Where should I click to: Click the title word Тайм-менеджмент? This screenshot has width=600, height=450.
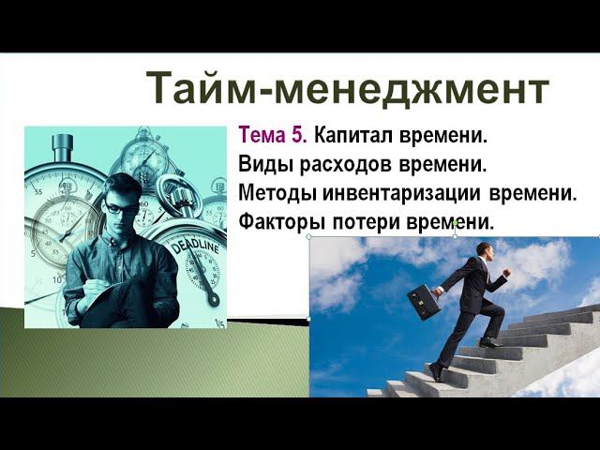(347, 89)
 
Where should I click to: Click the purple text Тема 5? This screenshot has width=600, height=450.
(273, 136)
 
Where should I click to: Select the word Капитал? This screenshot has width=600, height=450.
(349, 136)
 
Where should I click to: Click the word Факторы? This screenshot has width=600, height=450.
(279, 223)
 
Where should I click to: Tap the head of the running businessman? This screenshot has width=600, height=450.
(483, 250)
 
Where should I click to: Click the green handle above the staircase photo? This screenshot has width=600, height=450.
(455, 223)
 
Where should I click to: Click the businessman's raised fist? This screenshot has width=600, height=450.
(507, 273)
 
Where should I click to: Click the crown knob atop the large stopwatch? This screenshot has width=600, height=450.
(63, 145)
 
